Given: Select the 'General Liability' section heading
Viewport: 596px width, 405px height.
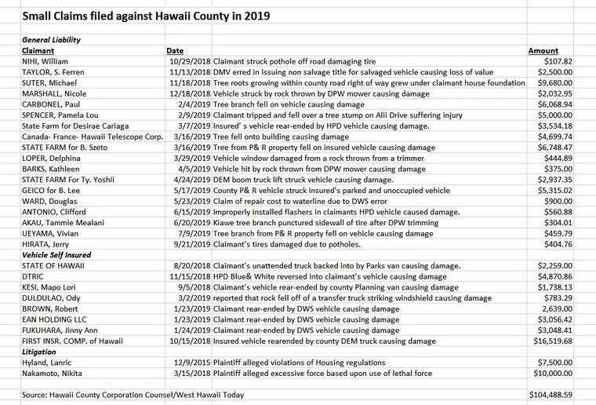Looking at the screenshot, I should tap(52, 39).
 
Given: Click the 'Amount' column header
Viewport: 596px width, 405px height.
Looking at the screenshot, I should tap(544, 50).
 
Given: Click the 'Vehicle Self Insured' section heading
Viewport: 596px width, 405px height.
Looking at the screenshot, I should tap(56, 254).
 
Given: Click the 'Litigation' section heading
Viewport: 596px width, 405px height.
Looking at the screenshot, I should tap(39, 352).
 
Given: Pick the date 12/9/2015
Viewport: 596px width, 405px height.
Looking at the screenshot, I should tap(190, 363).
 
